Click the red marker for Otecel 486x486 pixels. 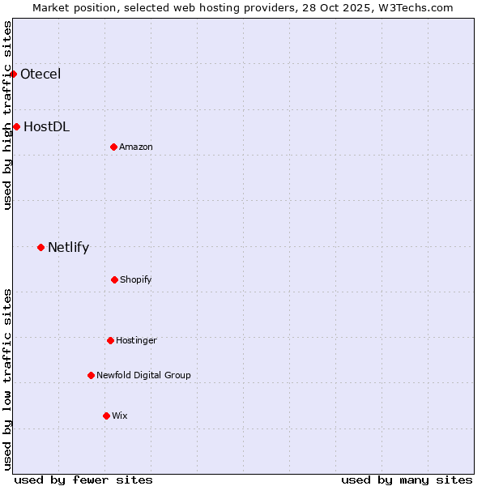click(x=14, y=75)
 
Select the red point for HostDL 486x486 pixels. click(x=16, y=126)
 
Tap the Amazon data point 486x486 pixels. click(x=113, y=147)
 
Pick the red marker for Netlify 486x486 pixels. click(x=40, y=247)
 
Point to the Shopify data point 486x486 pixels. click(x=114, y=279)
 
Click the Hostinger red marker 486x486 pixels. click(x=110, y=340)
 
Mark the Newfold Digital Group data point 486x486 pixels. click(x=91, y=375)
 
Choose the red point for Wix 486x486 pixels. click(x=106, y=416)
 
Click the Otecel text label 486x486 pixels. click(x=40, y=75)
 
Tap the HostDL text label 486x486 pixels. click(x=46, y=126)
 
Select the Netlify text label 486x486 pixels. click(x=68, y=248)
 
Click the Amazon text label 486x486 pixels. click(x=136, y=147)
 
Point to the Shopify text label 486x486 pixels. click(x=136, y=279)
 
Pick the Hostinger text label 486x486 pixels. click(x=136, y=340)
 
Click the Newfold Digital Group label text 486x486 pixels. click(x=143, y=375)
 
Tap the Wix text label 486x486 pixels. click(x=120, y=416)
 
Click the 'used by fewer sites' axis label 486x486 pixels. click(x=83, y=480)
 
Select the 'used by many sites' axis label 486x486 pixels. click(x=407, y=480)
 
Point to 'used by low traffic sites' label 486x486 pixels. click(x=7, y=379)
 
